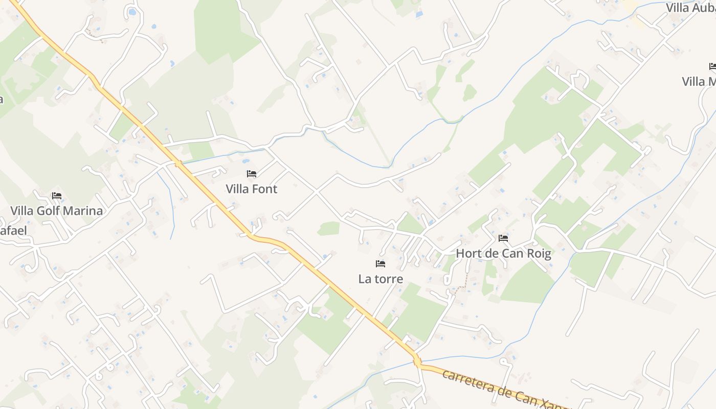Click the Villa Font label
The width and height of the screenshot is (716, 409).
(251, 189)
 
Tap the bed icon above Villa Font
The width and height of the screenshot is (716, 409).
(251, 174)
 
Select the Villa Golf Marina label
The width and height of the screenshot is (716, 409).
(56, 211)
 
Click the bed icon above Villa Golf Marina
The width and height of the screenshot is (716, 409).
(56, 196)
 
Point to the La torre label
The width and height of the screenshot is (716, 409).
(381, 279)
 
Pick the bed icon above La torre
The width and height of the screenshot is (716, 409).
(380, 264)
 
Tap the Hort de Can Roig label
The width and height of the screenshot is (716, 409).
(503, 254)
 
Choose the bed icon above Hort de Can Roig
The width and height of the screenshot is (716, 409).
(503, 238)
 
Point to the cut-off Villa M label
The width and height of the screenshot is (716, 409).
(699, 82)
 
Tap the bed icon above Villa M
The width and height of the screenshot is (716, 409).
(713, 66)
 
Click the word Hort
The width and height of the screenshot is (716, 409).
(467, 254)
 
